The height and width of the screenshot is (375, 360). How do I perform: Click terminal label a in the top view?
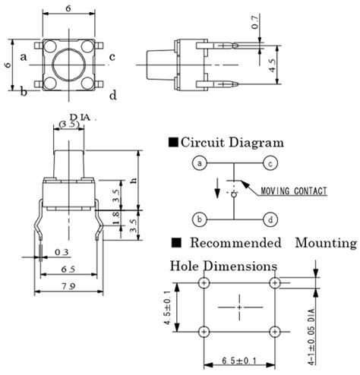[24, 55]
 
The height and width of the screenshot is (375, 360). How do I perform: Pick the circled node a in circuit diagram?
[200, 163]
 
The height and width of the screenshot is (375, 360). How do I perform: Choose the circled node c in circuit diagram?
[269, 163]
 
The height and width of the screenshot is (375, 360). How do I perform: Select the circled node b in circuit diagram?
[200, 220]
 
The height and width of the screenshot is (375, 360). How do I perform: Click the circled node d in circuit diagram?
[269, 220]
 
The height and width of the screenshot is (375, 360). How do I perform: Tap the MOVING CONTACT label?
[293, 191]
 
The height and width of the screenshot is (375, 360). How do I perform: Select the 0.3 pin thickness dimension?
[62, 251]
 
